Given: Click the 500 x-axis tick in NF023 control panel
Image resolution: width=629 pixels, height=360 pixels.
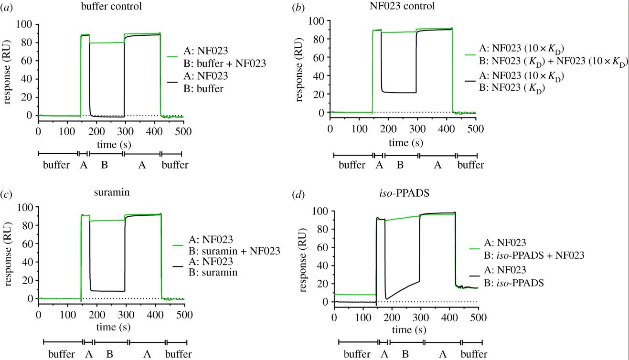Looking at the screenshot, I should pos(476,129).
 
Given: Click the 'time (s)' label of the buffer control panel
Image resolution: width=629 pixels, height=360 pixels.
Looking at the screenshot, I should pos(110,144).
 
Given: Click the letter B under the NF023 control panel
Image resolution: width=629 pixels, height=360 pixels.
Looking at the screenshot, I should pos(400,165).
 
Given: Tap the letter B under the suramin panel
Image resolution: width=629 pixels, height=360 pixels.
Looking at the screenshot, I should pos(109,354).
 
